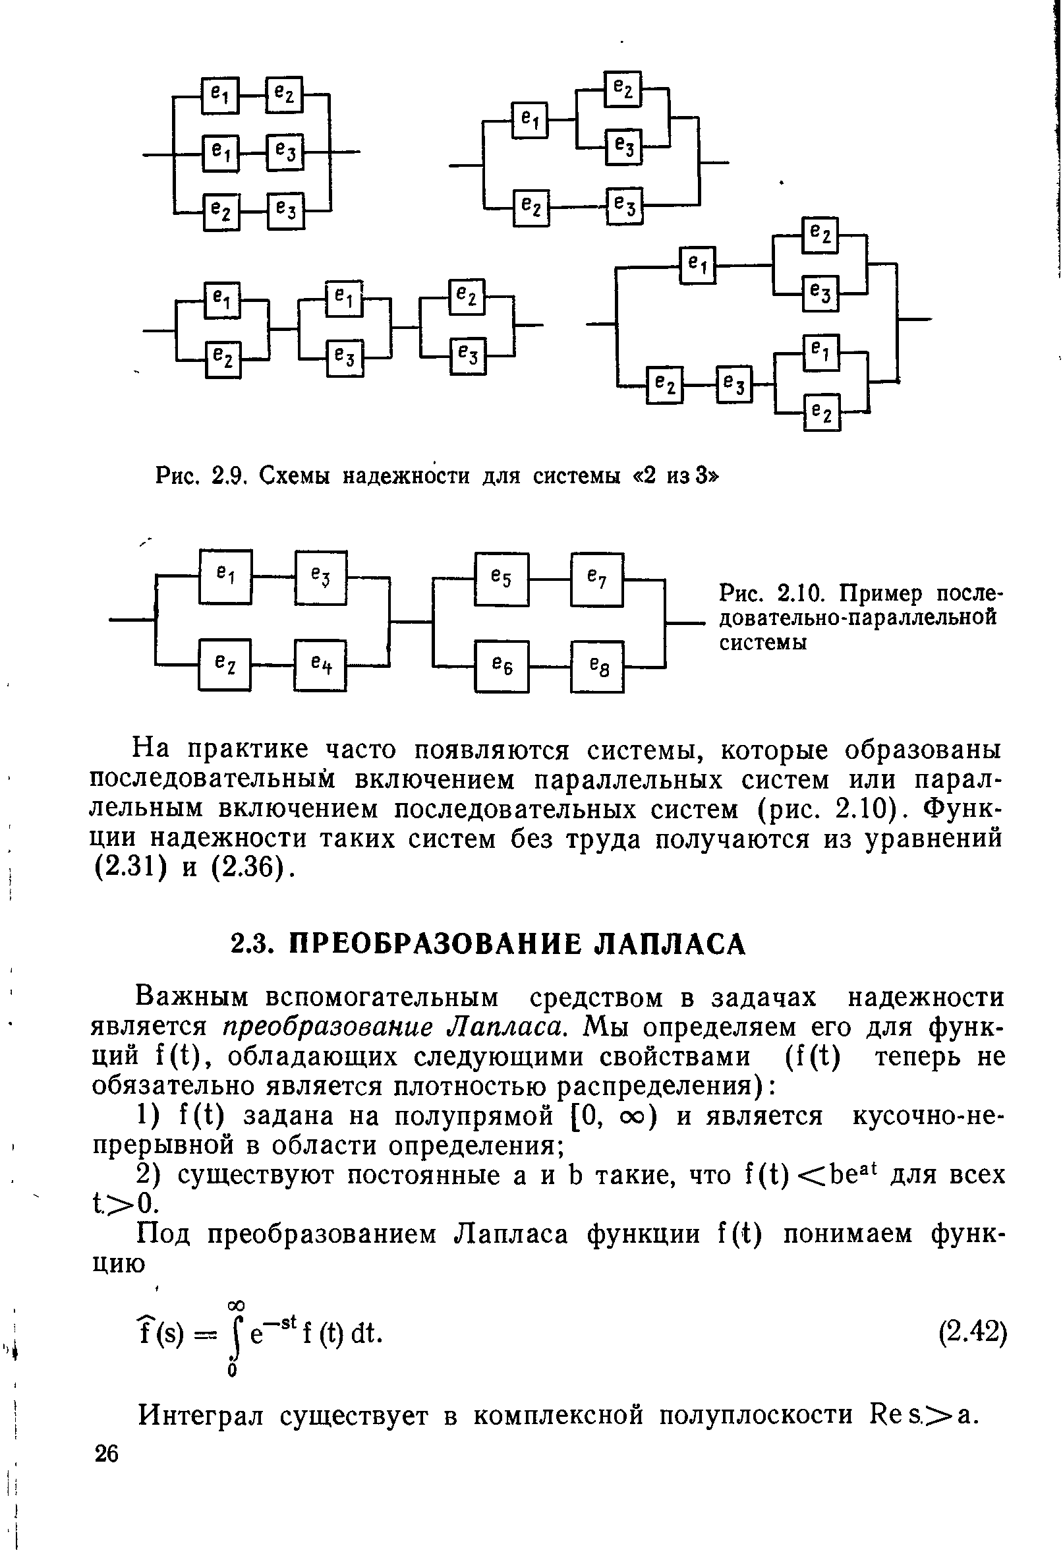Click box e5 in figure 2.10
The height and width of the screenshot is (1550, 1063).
[501, 579]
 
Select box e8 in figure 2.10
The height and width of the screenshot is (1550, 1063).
[597, 667]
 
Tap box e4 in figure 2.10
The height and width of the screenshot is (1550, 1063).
[320, 665]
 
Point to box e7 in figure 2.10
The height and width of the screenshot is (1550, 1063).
[597, 579]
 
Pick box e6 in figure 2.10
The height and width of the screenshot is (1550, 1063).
[501, 667]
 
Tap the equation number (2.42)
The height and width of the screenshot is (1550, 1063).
[971, 1332]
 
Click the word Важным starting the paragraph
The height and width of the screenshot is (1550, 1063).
[192, 998]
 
